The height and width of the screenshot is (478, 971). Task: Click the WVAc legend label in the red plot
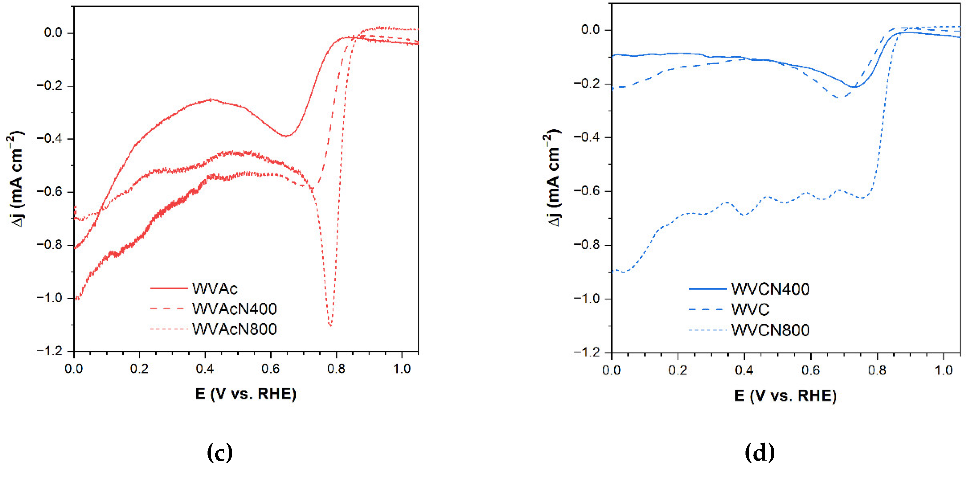pos(214,289)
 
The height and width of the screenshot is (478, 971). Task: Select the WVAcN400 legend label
pos(234,309)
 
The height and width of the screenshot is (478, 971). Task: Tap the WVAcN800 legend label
pos(234,329)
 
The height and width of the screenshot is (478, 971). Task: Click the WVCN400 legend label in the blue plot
pos(770,289)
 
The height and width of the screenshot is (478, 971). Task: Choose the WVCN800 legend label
pos(770,330)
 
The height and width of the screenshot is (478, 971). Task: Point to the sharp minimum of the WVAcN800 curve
pos(330,325)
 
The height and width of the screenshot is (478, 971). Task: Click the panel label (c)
pos(220,452)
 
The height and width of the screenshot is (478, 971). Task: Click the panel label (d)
pos(760,452)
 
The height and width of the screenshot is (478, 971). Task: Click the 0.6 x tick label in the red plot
pos(270,368)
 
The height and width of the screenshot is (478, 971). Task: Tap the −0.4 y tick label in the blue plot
pos(587,137)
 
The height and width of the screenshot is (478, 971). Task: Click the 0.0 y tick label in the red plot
pos(53,32)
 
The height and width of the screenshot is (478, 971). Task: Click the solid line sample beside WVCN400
pos(707,289)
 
